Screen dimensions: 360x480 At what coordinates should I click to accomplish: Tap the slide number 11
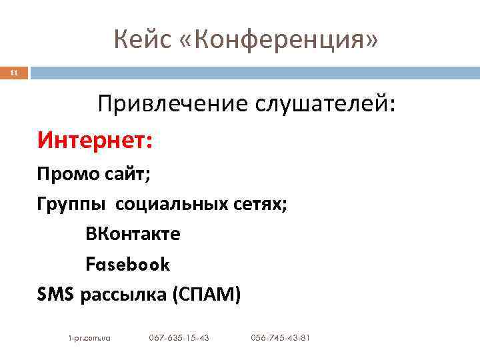click(x=14, y=73)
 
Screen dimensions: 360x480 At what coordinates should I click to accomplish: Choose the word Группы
click(x=71, y=205)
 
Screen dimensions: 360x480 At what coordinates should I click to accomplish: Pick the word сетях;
click(x=262, y=205)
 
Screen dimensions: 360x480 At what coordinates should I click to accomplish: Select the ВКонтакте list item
click(x=133, y=235)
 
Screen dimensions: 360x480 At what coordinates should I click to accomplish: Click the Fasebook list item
click(x=128, y=265)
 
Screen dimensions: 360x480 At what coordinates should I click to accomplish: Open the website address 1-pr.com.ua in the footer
click(x=89, y=338)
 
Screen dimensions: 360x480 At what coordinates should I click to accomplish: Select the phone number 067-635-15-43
click(x=179, y=338)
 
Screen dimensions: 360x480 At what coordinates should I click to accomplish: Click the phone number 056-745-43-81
click(x=280, y=338)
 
